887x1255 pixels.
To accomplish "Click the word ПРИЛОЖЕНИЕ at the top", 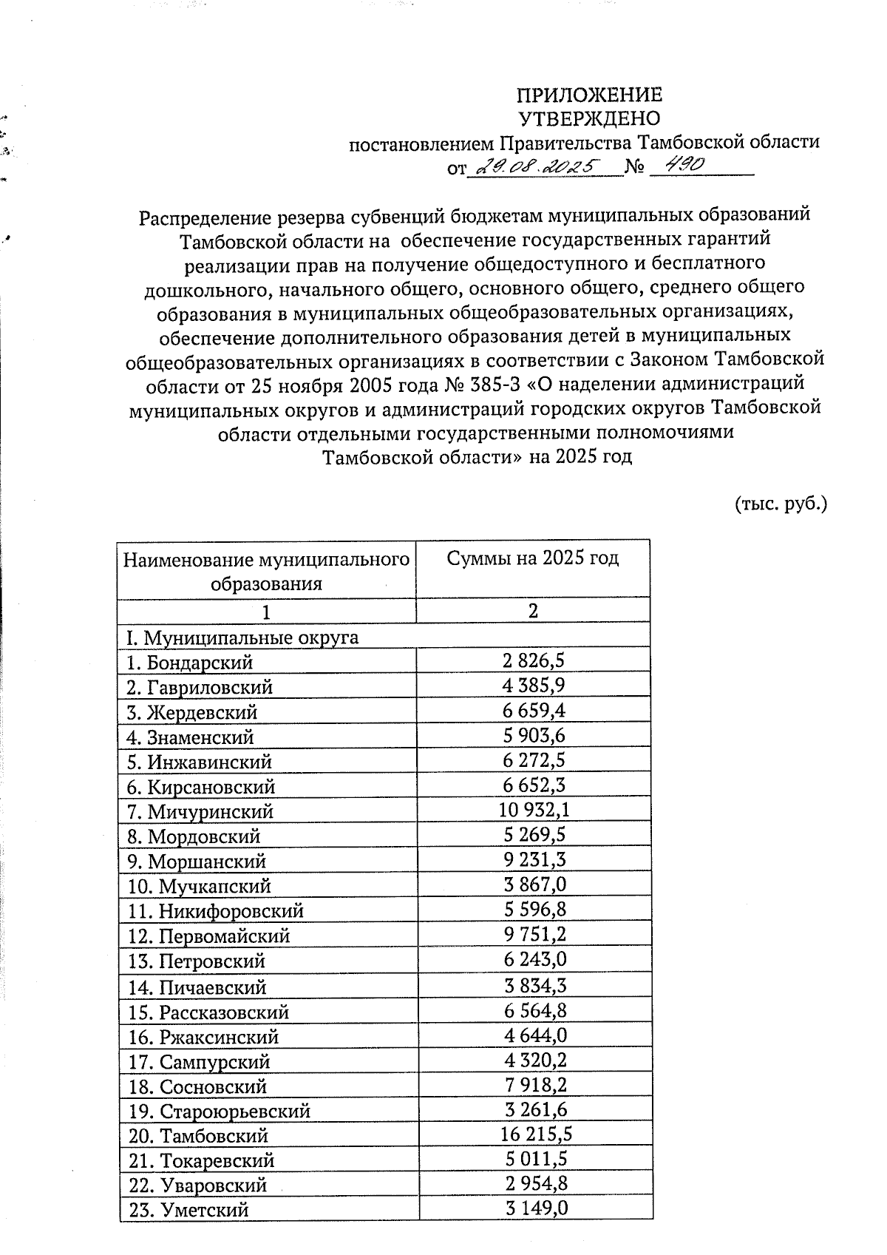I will click(x=589, y=95).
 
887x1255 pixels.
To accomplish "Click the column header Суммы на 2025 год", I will click(x=532, y=558).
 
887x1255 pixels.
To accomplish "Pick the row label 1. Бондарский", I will click(x=190, y=663).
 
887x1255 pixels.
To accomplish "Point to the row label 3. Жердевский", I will click(x=192, y=713).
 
